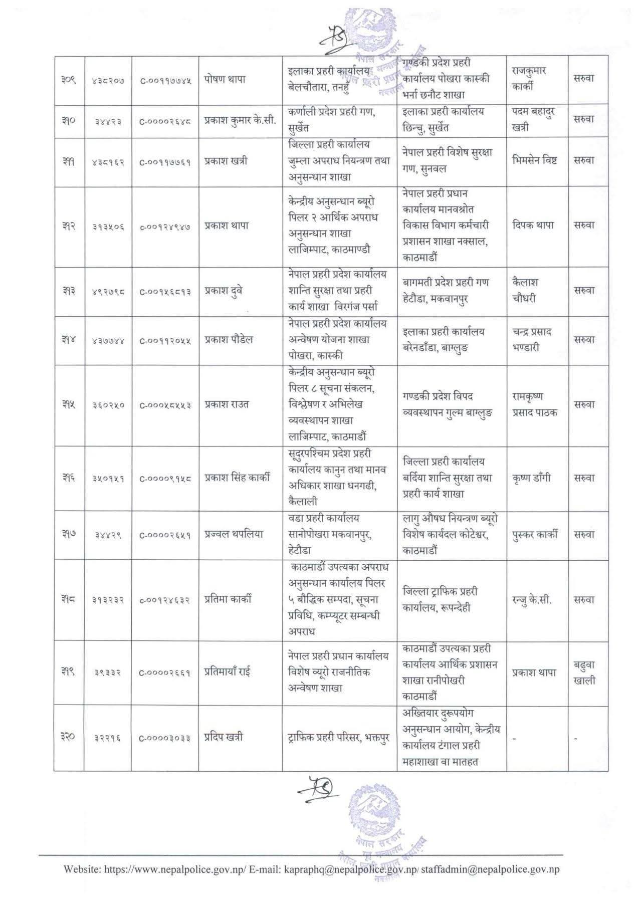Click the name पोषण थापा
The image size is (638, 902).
pos(225,79)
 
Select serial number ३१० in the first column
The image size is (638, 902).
pos(69,120)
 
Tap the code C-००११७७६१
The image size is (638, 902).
pos(165,161)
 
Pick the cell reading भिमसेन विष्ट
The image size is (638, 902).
pos(535,161)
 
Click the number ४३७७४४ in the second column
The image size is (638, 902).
pos(108,340)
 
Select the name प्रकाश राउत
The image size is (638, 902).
pos(227,404)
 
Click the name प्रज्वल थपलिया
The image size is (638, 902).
pos(233,535)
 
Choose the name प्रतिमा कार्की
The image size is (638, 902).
pos(228,599)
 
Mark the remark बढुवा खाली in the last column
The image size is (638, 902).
pos(584,672)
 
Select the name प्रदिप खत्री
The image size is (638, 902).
pos(224,738)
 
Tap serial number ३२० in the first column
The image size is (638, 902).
pos(69,738)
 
